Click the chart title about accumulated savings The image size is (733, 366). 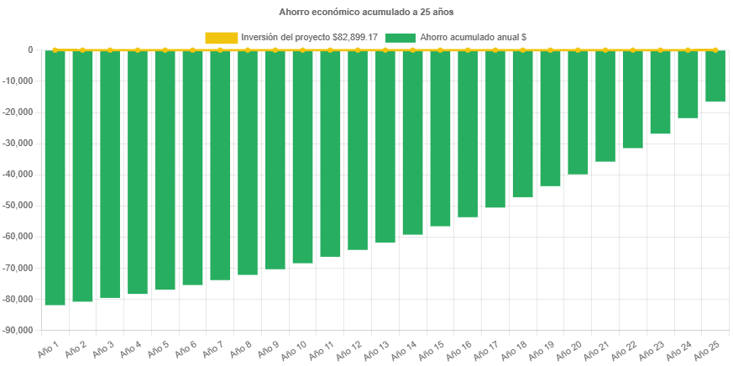tap(366, 13)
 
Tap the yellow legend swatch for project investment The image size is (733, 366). tap(221, 37)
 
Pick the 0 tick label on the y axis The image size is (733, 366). tap(30, 50)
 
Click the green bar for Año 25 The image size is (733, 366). tap(715, 76)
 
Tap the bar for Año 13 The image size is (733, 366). tap(385, 147)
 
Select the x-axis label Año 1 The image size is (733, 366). tap(49, 348)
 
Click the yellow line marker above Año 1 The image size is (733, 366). tap(55, 50)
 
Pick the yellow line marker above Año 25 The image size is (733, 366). tap(715, 50)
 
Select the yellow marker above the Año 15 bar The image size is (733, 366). tap(440, 50)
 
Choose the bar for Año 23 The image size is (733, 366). tap(660, 92)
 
